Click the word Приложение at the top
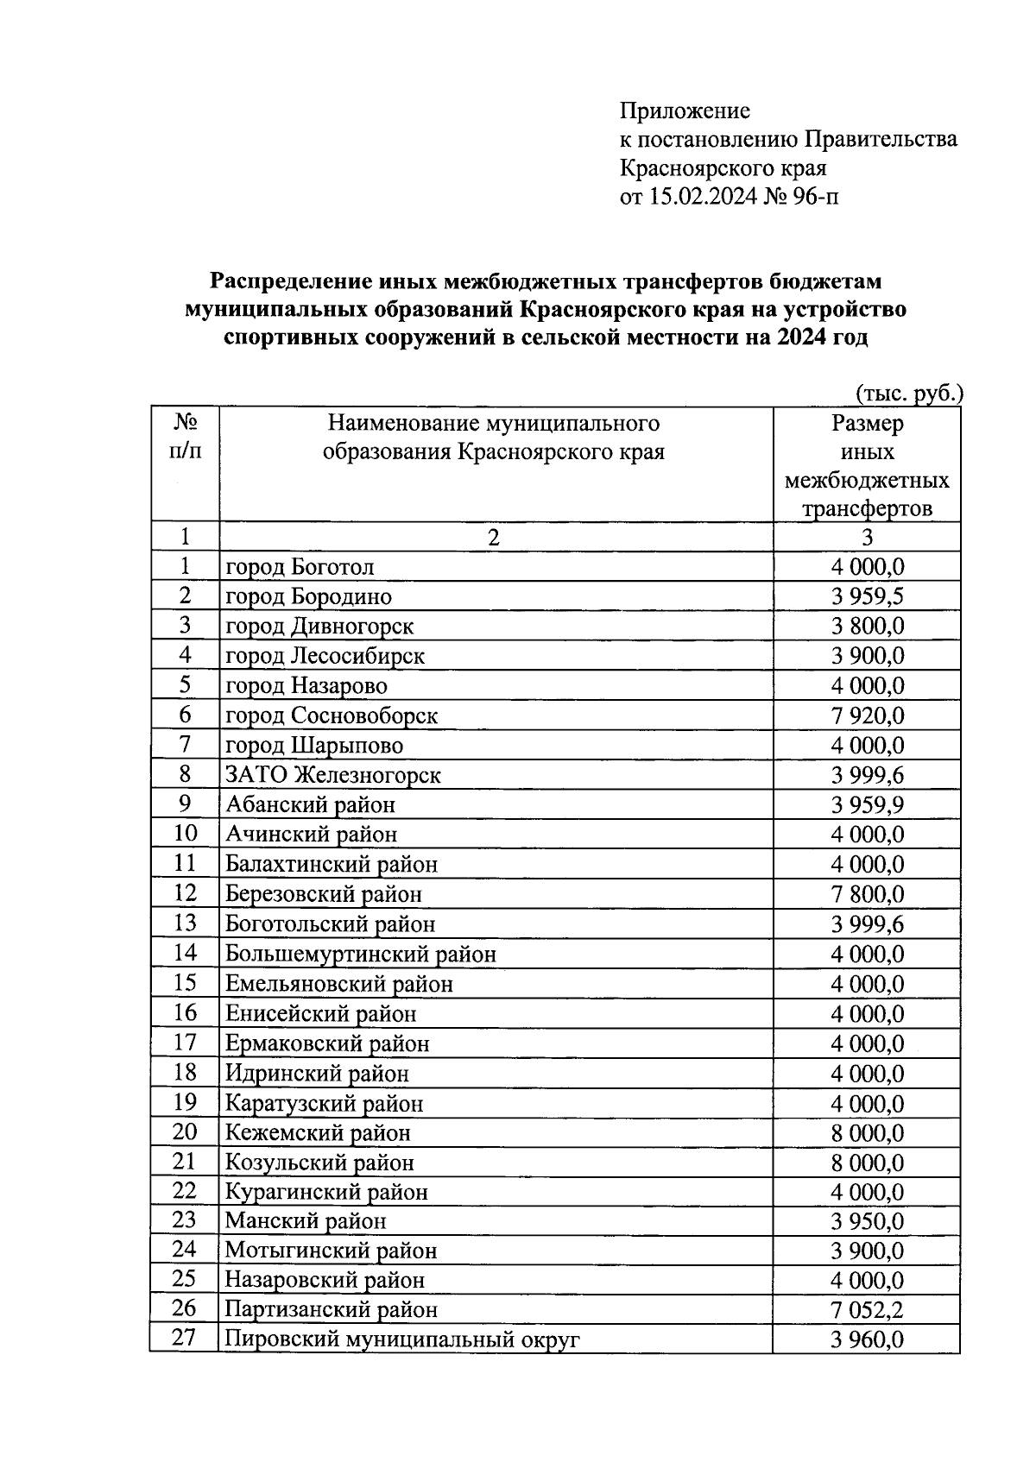coord(685,111)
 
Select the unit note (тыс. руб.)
coord(908,394)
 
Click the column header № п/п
coord(185,437)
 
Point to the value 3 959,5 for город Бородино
coord(868,596)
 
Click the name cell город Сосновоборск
coord(332,715)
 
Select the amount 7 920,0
coord(868,715)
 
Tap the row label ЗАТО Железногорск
coord(333,775)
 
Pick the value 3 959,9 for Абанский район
coord(868,805)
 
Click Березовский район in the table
coord(324,894)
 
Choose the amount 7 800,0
coord(868,894)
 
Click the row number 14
coord(185,953)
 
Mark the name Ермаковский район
coord(327,1043)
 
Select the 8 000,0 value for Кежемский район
coord(868,1132)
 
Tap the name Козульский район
coord(319,1163)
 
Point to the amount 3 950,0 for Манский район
coord(868,1221)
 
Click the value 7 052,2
coord(868,1310)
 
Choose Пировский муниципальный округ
coord(402,1339)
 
